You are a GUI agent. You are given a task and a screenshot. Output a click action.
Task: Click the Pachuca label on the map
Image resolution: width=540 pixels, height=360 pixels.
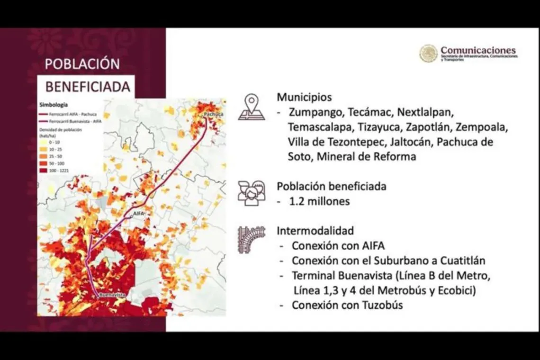pos(213,115)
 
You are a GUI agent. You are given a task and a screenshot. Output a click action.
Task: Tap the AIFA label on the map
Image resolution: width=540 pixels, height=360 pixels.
pos(138,214)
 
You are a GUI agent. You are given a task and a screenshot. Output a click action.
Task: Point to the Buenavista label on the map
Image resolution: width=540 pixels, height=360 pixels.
pos(113,295)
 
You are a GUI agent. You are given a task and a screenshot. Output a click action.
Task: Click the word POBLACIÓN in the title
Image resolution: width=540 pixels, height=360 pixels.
pos(82,64)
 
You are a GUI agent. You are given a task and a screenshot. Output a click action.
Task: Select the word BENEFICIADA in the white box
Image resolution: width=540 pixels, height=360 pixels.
pos(88,87)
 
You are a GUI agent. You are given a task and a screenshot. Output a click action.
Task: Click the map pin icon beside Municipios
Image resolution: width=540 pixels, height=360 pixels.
pos(252,107)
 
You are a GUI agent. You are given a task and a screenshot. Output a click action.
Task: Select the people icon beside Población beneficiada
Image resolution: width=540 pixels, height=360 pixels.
pos(252,193)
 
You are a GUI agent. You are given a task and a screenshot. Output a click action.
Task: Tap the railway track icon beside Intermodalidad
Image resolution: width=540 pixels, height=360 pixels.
pos(252,240)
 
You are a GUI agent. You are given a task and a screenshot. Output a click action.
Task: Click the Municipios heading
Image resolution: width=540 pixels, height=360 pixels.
pos(305,98)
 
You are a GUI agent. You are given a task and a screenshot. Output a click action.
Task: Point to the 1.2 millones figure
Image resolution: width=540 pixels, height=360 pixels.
pos(320,201)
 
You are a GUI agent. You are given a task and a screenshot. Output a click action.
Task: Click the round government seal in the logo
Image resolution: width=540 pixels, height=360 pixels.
pos(428,54)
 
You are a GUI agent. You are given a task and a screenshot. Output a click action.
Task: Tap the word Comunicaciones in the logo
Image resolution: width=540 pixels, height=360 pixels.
pos(478,50)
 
